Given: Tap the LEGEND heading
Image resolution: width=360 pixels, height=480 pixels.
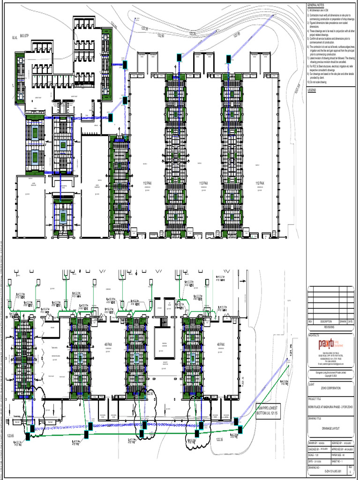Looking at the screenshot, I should coord(312,90).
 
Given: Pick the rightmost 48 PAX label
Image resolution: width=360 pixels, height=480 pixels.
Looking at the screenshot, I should coord(221,345).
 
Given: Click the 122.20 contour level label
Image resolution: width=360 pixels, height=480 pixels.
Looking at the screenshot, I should coord(193,34).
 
